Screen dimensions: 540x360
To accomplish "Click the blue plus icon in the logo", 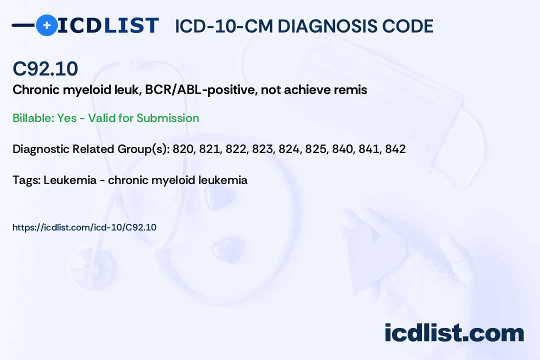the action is pyautogui.click(x=47, y=25).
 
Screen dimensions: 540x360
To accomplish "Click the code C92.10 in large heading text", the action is pyautogui.click(x=45, y=68).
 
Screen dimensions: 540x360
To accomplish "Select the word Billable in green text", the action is pyautogui.click(x=33, y=118).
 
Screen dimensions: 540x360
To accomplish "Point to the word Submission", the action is pyautogui.click(x=167, y=118).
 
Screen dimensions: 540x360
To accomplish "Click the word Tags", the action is pyautogui.click(x=26, y=180).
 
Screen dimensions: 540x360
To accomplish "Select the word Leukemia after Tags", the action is pyautogui.click(x=70, y=180).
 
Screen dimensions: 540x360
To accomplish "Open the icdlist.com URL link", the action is pyautogui.click(x=84, y=227).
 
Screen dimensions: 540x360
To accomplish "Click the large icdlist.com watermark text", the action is pyautogui.click(x=454, y=332).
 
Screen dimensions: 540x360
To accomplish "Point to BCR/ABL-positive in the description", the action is pyautogui.click(x=201, y=90).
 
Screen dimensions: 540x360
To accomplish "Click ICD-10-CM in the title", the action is pyautogui.click(x=224, y=26).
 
